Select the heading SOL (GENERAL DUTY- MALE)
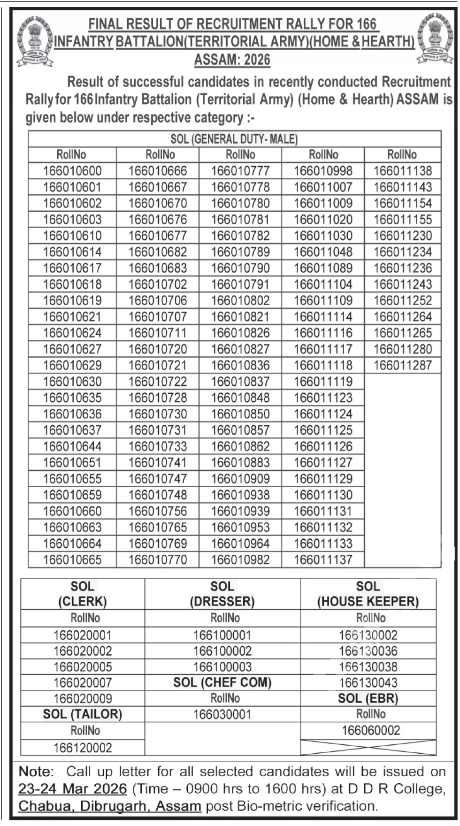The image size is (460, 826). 234,139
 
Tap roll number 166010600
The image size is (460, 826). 72,171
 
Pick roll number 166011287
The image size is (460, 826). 402,365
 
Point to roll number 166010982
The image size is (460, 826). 240,559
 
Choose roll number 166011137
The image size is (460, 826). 323,559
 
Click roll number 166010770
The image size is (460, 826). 158,559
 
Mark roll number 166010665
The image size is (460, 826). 72,559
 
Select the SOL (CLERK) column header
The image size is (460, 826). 82,594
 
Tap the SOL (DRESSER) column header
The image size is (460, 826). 222,594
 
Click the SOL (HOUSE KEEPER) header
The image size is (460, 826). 368,594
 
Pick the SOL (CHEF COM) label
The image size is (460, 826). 222,682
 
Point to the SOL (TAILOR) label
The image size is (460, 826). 82,714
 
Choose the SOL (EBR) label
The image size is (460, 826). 368,698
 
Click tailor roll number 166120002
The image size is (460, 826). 82,748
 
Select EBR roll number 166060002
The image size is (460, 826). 371,730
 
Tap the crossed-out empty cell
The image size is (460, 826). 368,747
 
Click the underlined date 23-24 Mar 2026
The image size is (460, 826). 73,788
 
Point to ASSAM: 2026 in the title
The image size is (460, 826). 232,60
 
